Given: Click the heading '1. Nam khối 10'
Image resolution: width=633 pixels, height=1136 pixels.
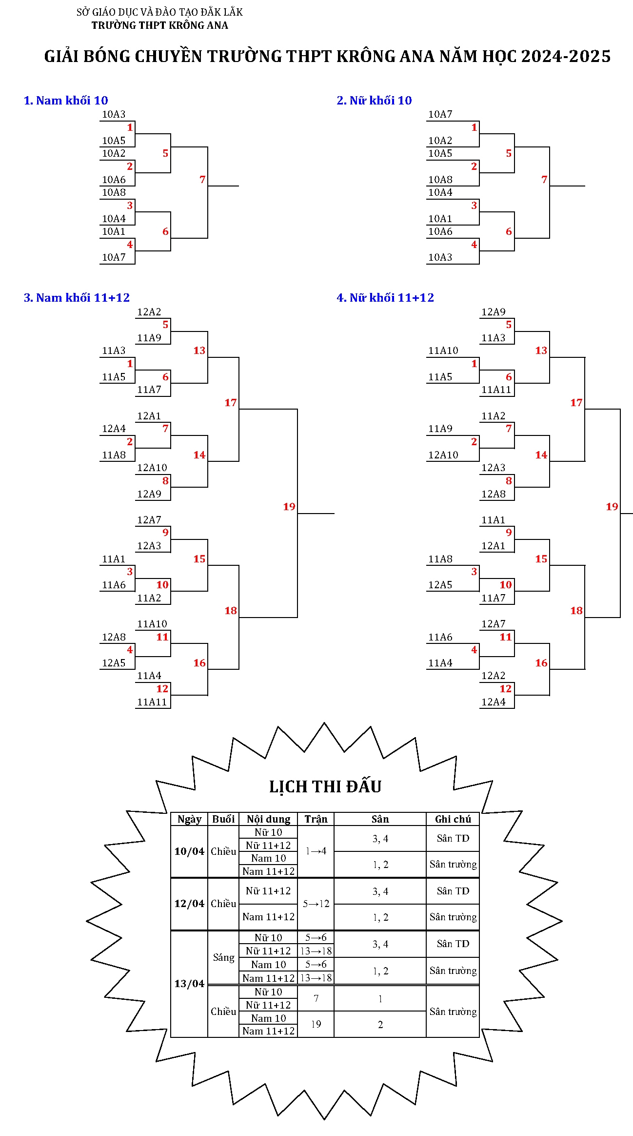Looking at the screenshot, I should [x=66, y=101].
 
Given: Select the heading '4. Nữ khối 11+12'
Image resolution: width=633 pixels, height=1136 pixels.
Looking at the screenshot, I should [x=385, y=298].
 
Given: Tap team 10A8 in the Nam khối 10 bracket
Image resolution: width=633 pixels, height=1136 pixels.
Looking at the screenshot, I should [x=114, y=192].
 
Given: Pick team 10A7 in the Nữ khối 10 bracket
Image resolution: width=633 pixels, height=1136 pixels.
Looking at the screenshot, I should [x=440, y=114].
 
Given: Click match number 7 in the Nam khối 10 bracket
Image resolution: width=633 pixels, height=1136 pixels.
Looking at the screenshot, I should [x=202, y=180].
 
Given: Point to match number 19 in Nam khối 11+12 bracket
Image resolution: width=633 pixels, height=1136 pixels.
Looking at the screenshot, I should [x=289, y=507].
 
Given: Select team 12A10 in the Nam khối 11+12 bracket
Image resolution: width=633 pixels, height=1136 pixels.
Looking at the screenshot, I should [x=152, y=468].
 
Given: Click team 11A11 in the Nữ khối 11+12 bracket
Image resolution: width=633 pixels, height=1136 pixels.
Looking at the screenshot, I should [x=496, y=390].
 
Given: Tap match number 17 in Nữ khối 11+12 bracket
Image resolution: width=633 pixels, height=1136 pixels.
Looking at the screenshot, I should [x=576, y=403].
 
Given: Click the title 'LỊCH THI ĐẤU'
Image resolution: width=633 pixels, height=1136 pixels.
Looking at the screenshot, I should [x=325, y=786].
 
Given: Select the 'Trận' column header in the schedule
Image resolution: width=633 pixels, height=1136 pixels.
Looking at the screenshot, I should [x=316, y=819].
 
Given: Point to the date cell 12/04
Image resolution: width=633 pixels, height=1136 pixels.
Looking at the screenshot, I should [x=189, y=904].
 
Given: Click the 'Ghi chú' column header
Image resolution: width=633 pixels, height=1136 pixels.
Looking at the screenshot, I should [x=453, y=819].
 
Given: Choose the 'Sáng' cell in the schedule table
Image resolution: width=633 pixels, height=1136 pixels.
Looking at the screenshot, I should [x=223, y=957].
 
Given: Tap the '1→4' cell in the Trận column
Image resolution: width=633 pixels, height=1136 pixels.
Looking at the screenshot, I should [x=316, y=851].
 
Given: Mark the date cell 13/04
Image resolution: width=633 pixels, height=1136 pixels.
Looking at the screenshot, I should [x=189, y=983].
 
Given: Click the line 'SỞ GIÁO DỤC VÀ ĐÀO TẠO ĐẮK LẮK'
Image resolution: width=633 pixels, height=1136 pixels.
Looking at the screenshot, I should [x=159, y=12].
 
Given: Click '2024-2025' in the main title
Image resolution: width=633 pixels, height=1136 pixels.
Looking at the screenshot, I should [x=566, y=57].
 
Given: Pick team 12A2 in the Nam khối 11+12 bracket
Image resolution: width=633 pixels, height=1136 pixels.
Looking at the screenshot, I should [x=149, y=312].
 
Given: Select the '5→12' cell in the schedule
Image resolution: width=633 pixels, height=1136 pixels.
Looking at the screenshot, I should [x=316, y=904].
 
